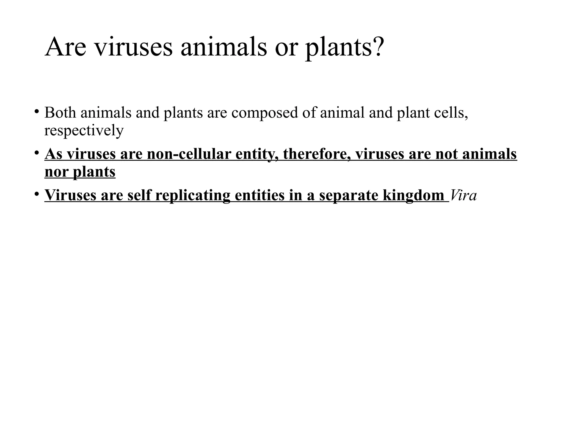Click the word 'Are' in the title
point(65,47)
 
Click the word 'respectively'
point(84,131)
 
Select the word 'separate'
point(349,196)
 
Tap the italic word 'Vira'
point(464,195)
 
